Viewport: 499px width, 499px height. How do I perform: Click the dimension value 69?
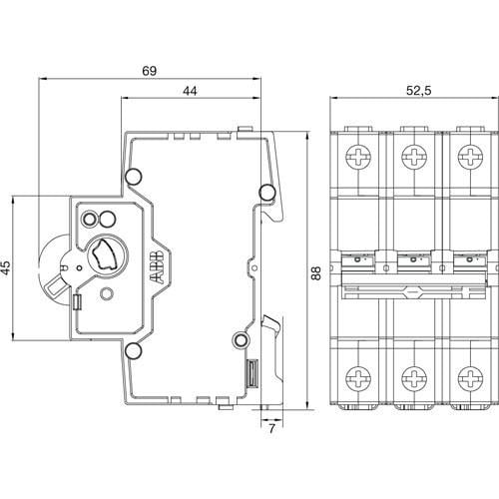tap(150, 71)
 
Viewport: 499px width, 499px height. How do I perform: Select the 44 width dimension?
tap(189, 92)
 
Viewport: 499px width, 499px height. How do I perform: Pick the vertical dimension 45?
tap(7, 267)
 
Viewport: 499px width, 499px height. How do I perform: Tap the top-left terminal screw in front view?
tap(356, 156)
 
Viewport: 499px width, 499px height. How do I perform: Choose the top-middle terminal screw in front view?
tap(411, 156)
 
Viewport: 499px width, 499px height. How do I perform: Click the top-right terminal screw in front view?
tap(466, 156)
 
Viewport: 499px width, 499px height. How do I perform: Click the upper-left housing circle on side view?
tap(132, 180)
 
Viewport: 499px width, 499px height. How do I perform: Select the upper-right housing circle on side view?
tap(265, 191)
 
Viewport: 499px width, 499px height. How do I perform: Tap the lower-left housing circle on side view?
tap(132, 349)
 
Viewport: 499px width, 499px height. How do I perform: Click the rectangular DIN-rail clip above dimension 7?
tap(253, 374)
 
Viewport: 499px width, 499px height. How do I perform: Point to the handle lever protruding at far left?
tap(49, 286)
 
